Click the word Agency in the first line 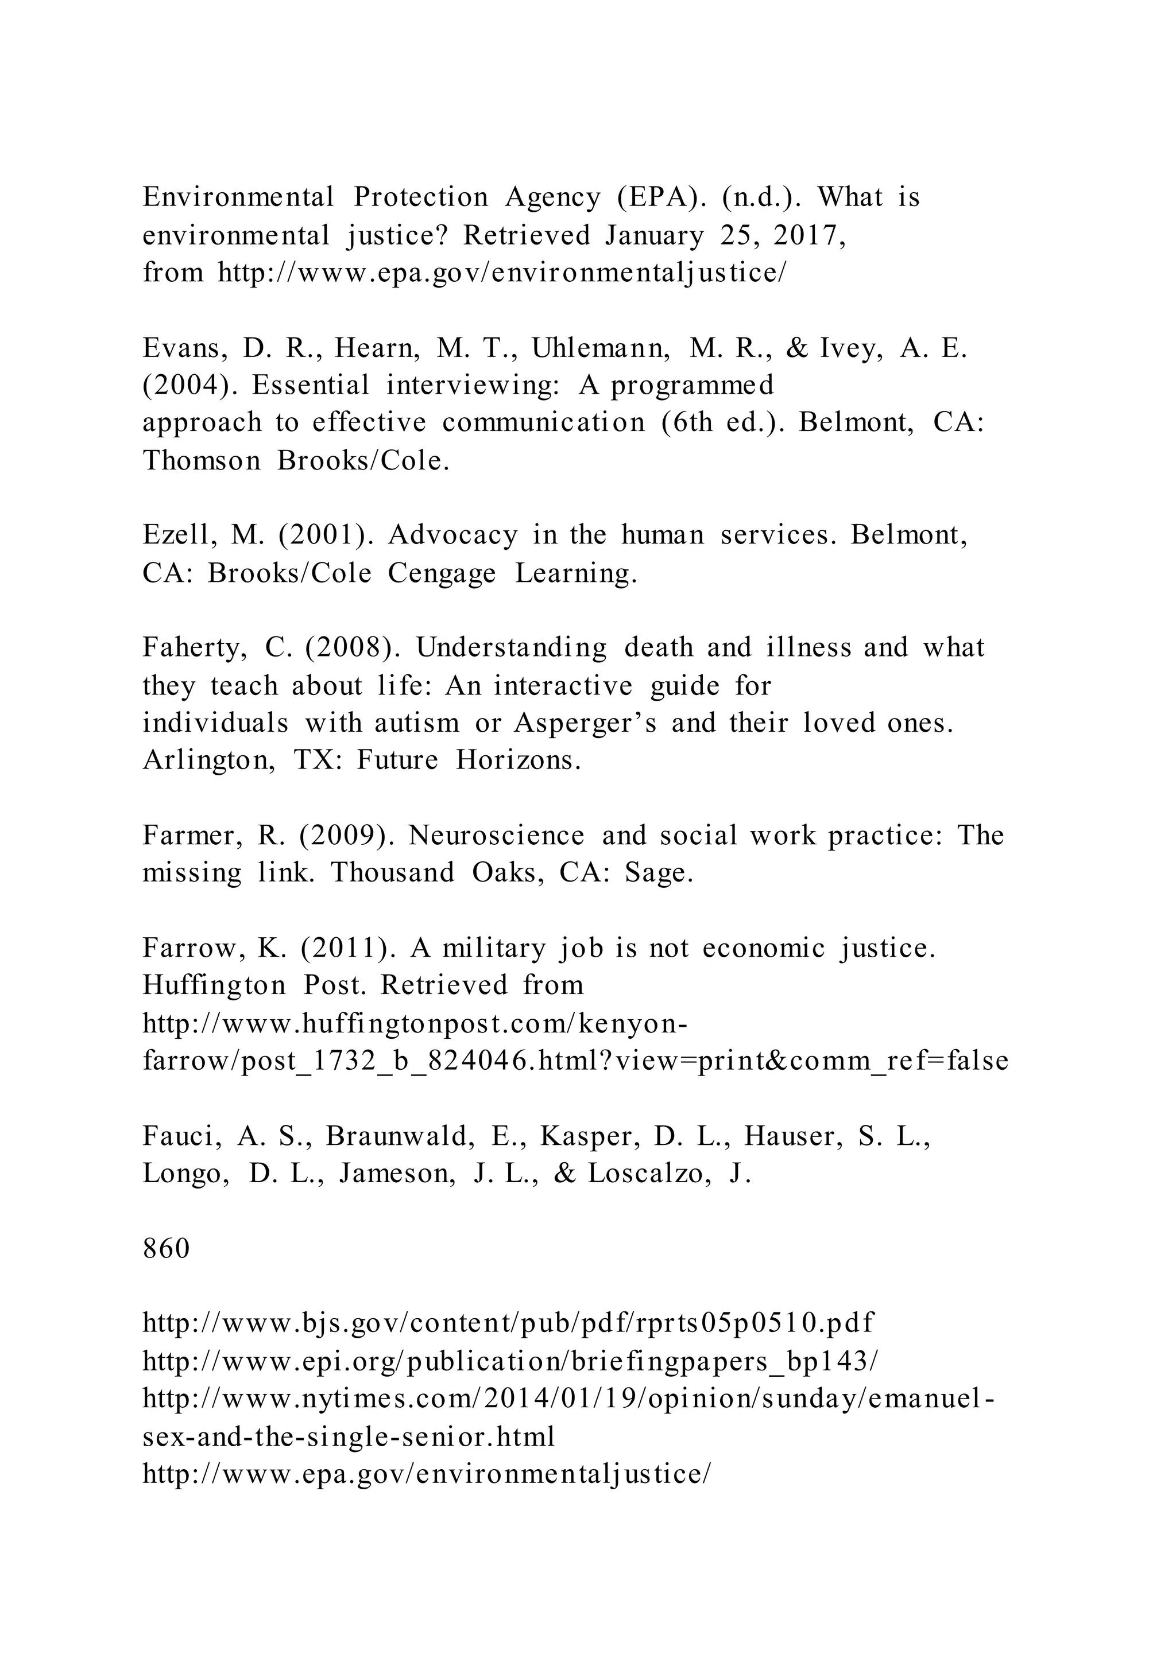(552, 197)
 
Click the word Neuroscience (496, 836)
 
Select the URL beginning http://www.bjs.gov (508, 1323)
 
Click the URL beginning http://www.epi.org (510, 1361)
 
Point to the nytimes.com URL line (568, 1399)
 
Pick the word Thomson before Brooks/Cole (202, 460)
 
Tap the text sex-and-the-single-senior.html (349, 1436)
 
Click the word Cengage (442, 573)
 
